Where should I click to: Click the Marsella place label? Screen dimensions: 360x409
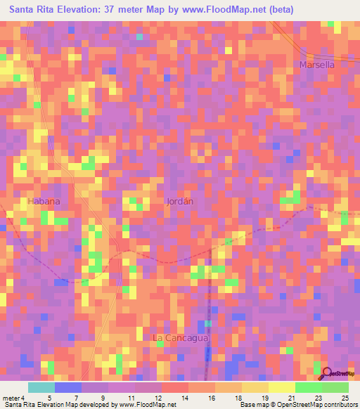coord(316,65)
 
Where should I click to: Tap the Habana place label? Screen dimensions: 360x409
coord(44,201)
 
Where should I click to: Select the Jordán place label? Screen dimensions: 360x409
coord(179,201)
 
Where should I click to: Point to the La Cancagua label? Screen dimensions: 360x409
coord(181,338)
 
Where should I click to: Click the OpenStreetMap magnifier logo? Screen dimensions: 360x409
coord(327,373)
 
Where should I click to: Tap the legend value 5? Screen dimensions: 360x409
coord(49,397)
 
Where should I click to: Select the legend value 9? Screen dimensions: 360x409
coord(103,397)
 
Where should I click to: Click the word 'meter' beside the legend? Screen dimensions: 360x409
coord(11,397)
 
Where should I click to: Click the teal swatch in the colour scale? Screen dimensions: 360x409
coord(41,387)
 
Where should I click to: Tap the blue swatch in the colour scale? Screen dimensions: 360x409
coord(67,387)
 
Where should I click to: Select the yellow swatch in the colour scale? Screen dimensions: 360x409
coord(281,387)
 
